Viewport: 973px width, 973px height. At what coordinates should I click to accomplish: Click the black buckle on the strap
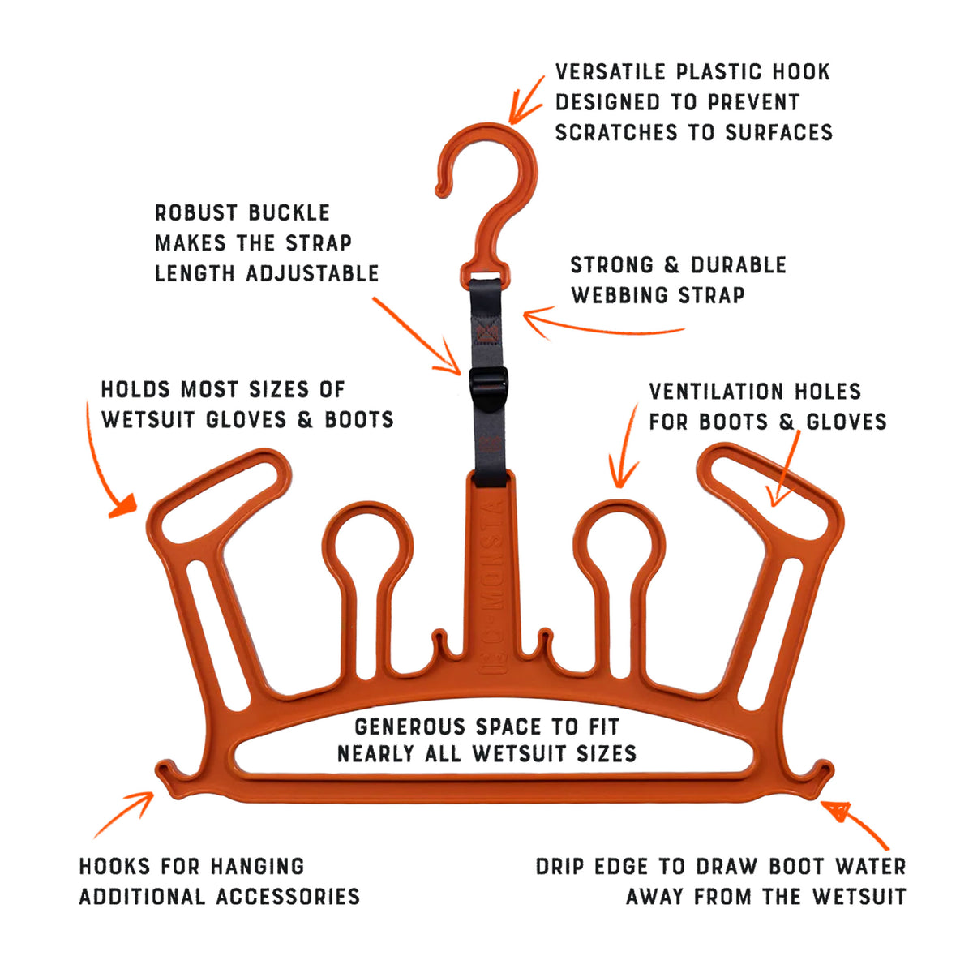488,389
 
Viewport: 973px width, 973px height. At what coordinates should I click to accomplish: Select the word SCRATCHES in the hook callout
616,132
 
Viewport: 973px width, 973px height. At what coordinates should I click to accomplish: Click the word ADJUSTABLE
312,273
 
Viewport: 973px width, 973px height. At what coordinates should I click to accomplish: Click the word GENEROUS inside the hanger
409,727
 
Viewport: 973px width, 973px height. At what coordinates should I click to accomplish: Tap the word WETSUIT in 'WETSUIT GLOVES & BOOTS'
148,419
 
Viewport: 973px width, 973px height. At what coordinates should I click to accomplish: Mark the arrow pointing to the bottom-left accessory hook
125,814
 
